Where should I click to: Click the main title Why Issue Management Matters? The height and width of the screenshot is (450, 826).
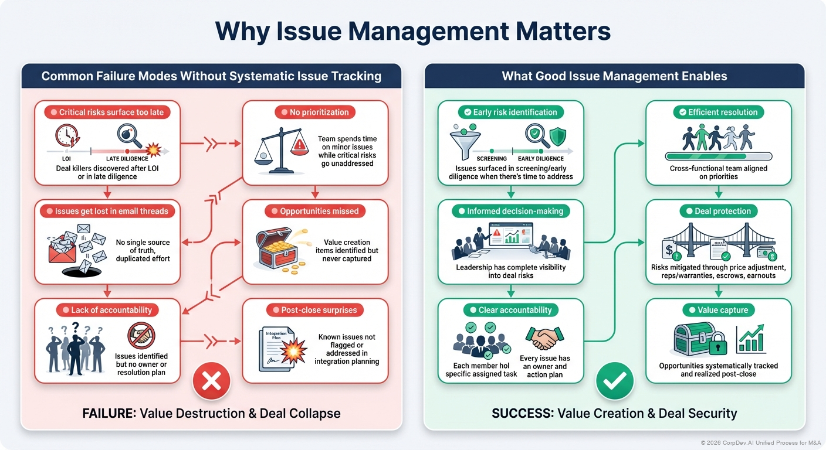coord(412,31)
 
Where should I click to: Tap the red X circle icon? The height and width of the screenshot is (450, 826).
coord(211,381)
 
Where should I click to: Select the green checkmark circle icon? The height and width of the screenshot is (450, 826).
coord(615,381)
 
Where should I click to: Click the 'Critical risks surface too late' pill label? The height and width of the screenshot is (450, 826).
coord(107,112)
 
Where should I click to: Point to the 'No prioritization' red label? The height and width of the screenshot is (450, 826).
coord(315,112)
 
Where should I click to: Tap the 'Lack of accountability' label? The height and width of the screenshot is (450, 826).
coord(107,310)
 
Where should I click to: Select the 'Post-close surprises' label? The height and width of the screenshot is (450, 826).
coord(315,310)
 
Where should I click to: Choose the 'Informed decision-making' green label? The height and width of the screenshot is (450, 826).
coord(510,211)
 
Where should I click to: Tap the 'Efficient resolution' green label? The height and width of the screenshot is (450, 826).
coord(719,112)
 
